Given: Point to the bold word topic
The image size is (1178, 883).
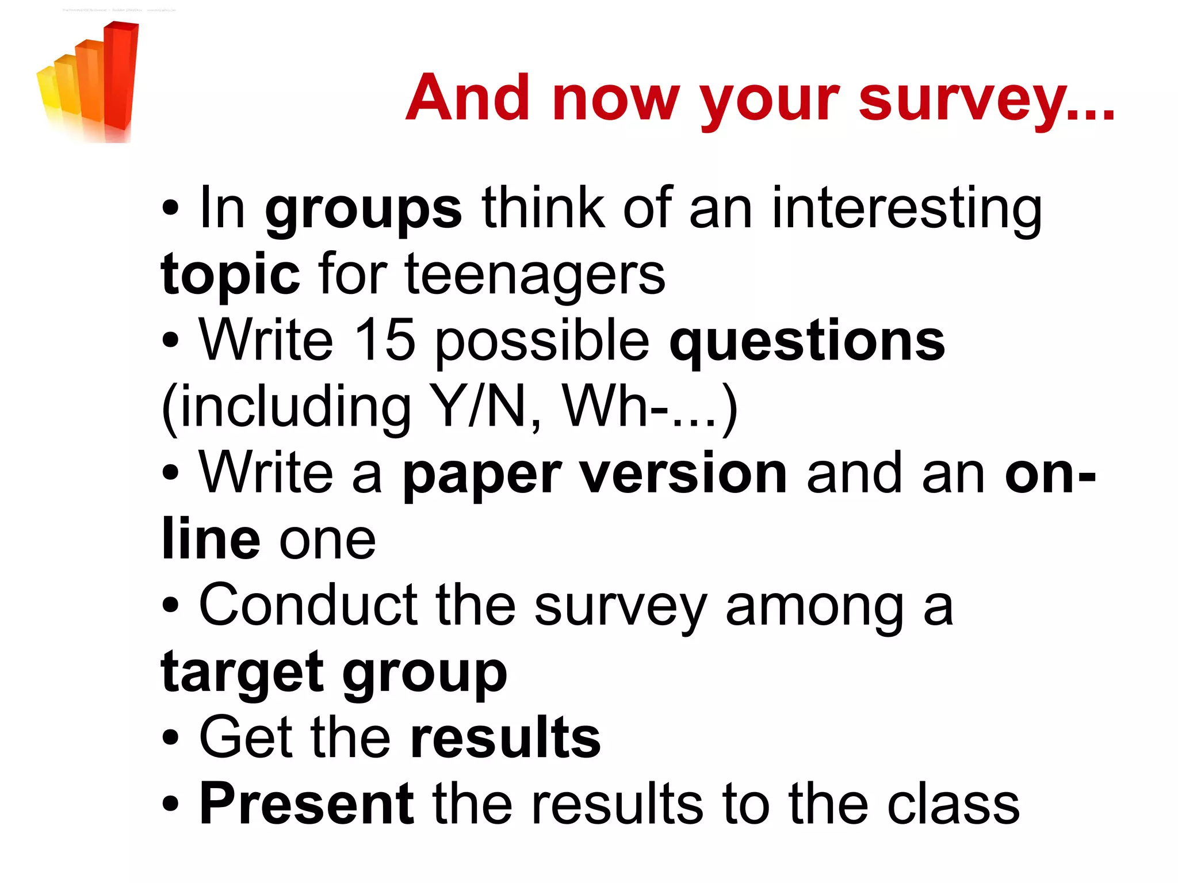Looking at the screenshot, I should [x=230, y=274].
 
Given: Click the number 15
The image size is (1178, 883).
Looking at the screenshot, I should [x=384, y=341].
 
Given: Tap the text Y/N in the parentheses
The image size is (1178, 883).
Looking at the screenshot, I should [x=477, y=406].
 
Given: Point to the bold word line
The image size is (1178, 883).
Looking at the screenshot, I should [x=211, y=540].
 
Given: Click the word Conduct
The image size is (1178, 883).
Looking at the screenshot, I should [x=308, y=605].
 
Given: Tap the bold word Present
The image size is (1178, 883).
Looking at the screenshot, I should [x=307, y=804].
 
